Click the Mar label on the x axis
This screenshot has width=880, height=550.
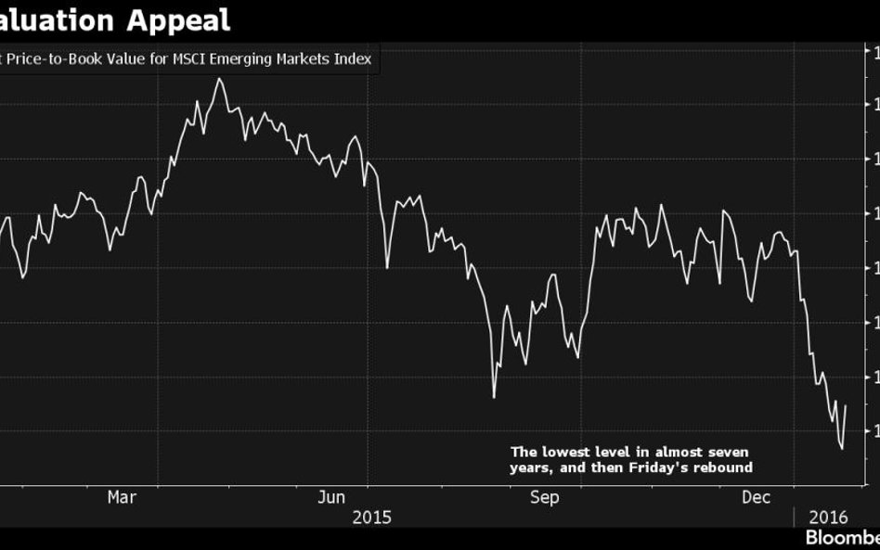(x=122, y=498)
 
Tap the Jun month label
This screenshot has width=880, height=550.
(x=331, y=498)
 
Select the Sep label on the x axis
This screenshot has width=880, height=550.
(x=544, y=498)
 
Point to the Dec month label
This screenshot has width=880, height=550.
(x=757, y=498)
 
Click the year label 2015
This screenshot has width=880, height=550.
(x=371, y=517)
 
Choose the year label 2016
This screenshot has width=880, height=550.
(x=828, y=518)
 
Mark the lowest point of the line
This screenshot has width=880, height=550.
(x=842, y=449)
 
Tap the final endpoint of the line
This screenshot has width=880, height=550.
(x=846, y=405)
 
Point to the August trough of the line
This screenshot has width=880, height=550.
(x=494, y=397)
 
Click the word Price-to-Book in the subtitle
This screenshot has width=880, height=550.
(x=53, y=59)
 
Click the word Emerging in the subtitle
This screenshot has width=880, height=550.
(x=242, y=59)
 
